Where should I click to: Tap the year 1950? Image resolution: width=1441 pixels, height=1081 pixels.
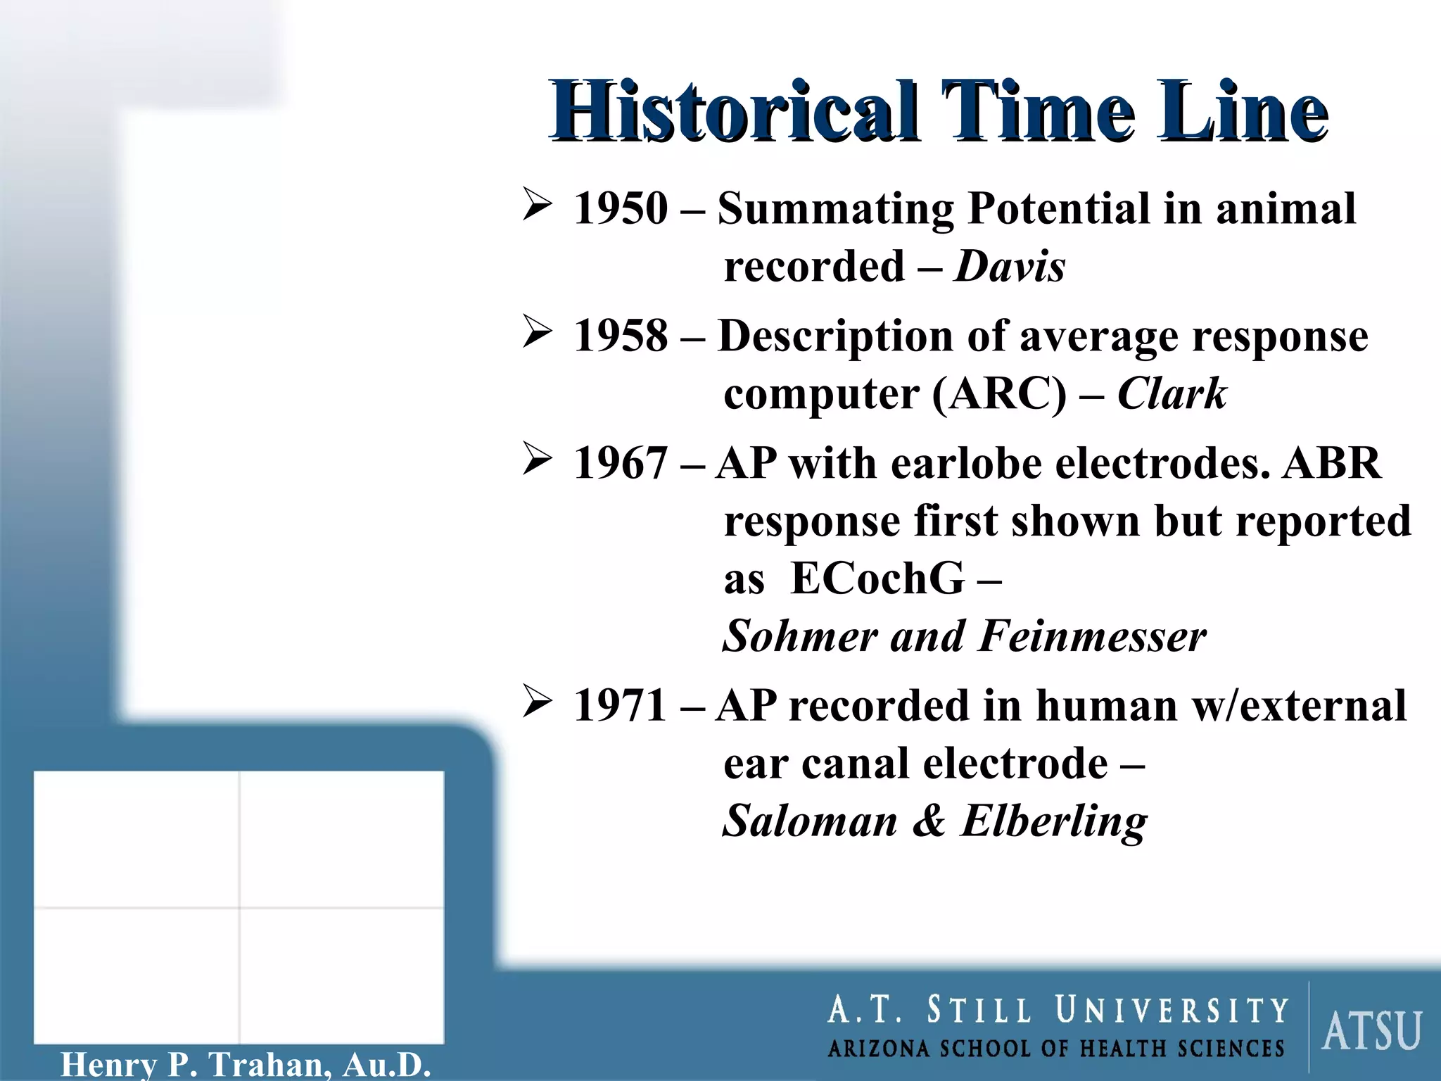pos(621,209)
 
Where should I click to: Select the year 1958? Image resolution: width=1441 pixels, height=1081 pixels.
pos(621,336)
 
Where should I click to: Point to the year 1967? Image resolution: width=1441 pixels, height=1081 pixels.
pos(621,464)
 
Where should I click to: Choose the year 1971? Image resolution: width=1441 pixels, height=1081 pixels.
pos(621,706)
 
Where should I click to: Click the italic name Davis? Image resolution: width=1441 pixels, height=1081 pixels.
pos(1009,267)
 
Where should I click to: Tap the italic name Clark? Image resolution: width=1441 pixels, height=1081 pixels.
pos(1172,393)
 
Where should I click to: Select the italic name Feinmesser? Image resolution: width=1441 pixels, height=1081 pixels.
pos(1092,636)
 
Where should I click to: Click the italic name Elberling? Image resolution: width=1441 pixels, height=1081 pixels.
pos(1053,821)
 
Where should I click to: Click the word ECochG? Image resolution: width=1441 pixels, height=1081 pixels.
pos(877,579)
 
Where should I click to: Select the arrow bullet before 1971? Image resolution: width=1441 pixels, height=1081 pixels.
pos(538,702)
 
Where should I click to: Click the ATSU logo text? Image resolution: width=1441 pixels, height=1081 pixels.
pos(1371,1031)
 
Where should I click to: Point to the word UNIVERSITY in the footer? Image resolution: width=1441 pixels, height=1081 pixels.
pos(1172,1011)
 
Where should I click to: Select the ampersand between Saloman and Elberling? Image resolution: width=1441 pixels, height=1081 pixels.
pos(929,821)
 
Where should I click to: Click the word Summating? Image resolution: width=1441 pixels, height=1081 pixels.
pos(835,209)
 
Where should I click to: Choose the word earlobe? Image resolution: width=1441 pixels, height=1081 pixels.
pos(965,464)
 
